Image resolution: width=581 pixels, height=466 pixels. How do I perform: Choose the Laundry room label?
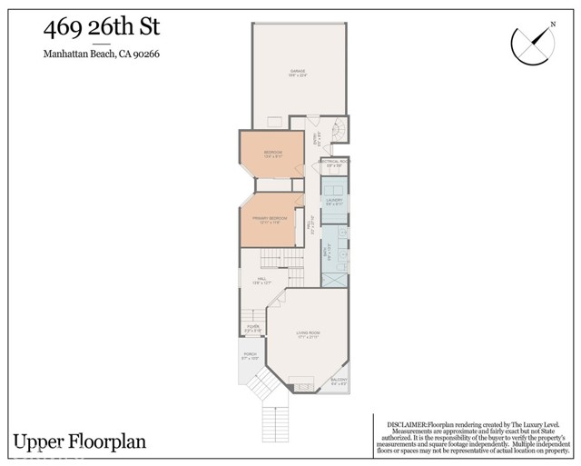335,202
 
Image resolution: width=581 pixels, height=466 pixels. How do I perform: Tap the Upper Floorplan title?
79,441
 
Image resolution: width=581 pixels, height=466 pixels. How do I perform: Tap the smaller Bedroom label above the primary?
273,154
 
